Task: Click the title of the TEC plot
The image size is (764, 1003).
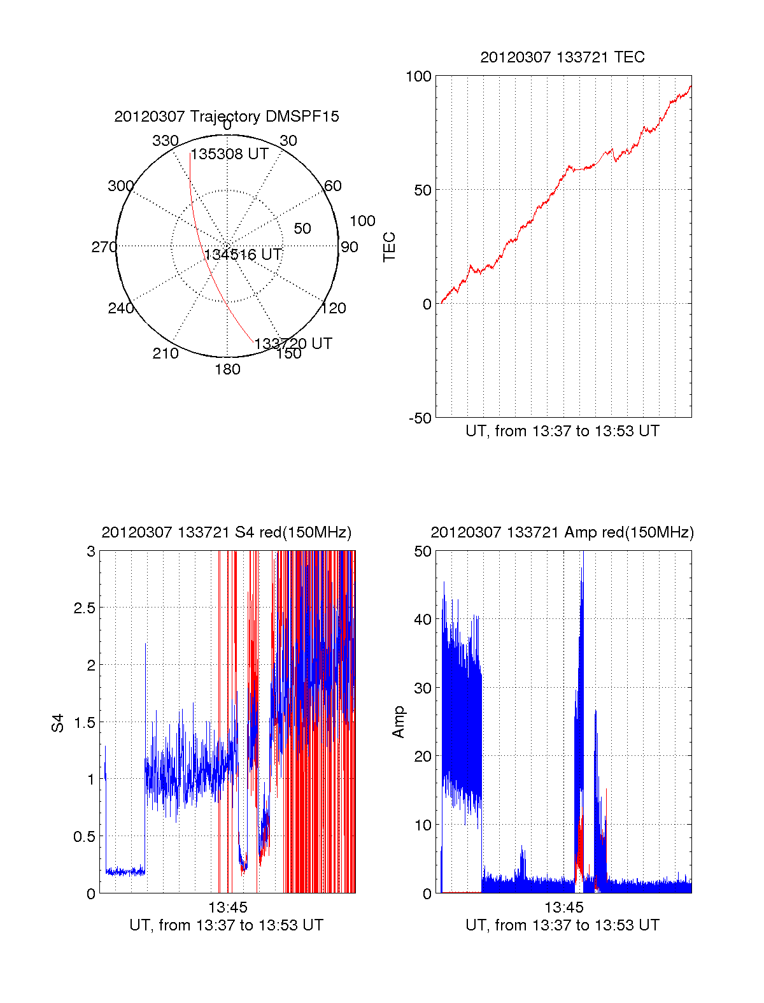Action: pos(562,57)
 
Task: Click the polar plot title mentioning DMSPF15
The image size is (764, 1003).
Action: pos(227,117)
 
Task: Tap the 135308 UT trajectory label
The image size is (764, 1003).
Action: pos(230,154)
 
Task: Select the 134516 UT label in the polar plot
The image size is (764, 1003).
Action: pos(243,255)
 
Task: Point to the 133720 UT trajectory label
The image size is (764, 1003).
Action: pos(293,344)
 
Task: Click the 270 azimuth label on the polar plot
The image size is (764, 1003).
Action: pos(104,247)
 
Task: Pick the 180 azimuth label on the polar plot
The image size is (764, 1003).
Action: pos(227,369)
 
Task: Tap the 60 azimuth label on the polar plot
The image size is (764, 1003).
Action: pos(333,186)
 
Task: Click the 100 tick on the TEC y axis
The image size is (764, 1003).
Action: pos(418,76)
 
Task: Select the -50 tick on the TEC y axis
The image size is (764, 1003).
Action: pos(420,418)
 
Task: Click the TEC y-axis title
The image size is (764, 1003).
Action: pos(389,247)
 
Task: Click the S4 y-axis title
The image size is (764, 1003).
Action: pos(58,723)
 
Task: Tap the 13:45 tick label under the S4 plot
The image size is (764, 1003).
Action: pos(227,907)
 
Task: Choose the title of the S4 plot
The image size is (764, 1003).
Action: pos(226,532)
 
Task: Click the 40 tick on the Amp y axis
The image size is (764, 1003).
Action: pos(423,619)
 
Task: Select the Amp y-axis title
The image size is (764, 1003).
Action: pos(399,722)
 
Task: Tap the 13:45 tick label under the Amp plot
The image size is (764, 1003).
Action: pos(563,907)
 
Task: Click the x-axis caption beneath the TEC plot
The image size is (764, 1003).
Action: pos(562,431)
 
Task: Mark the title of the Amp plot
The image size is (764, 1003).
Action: pos(562,532)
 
